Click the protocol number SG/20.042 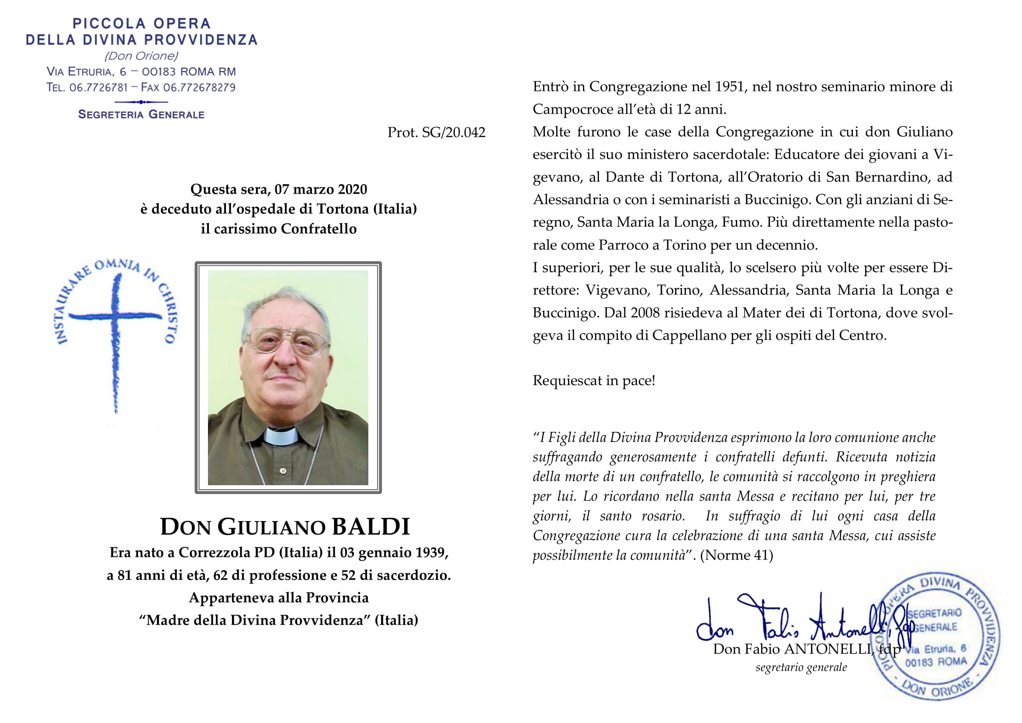pos(453,133)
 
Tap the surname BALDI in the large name pos(371,527)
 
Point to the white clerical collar pos(280,436)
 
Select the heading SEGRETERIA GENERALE pos(141,115)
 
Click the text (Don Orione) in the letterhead pos(141,56)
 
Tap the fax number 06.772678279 pos(199,88)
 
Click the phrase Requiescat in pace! pos(594,381)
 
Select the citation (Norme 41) pos(736,556)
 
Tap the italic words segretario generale pos(801,667)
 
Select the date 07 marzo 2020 pos(320,190)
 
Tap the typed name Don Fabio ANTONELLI pos(792,650)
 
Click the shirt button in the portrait pos(283,470)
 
